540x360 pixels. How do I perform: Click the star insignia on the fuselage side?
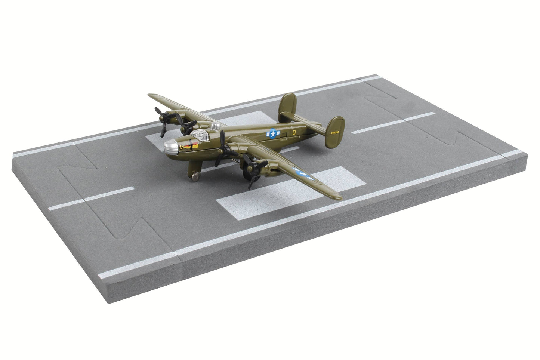(272, 133)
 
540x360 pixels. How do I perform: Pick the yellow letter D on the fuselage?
(294, 132)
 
